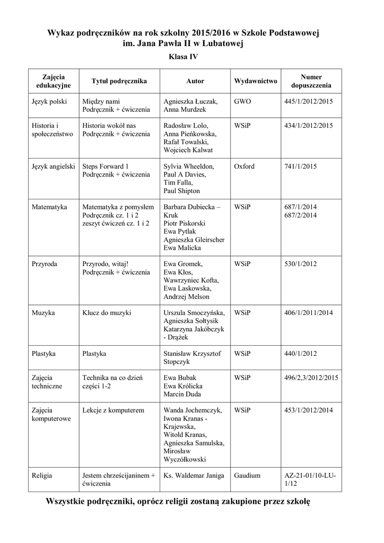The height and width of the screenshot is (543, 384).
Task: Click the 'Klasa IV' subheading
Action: (x=184, y=56)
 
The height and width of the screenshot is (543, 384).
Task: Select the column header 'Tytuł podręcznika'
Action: (x=119, y=81)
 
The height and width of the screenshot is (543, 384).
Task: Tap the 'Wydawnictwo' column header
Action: (x=255, y=81)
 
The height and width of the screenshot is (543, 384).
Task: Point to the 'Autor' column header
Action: (x=195, y=81)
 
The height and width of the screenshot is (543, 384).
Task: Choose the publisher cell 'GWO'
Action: (x=242, y=101)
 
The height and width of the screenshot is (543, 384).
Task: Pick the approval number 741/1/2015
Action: (x=300, y=167)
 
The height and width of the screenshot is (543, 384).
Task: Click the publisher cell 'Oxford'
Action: (x=244, y=167)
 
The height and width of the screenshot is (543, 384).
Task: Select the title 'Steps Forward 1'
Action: (x=106, y=167)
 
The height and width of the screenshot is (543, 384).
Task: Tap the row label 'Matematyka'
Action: (x=49, y=207)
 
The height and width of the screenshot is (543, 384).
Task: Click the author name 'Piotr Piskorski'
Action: (x=184, y=224)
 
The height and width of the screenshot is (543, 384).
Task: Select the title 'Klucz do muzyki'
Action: (x=107, y=313)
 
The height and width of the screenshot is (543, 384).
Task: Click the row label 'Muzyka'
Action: (x=43, y=313)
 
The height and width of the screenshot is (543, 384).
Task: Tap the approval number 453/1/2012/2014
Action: (x=309, y=410)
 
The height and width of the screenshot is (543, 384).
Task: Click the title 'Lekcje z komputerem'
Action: (x=114, y=410)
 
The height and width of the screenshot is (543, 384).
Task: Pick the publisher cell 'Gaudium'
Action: (x=247, y=476)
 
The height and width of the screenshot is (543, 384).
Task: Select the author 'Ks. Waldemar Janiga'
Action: (x=194, y=476)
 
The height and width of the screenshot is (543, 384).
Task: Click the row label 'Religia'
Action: (x=42, y=476)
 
